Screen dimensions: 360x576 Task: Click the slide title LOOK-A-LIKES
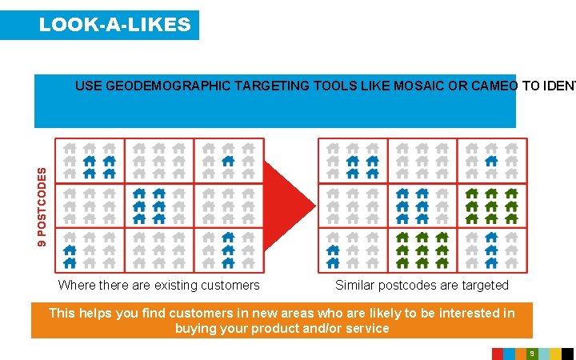pos(114,25)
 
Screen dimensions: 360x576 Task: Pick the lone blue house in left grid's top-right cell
pos(228,161)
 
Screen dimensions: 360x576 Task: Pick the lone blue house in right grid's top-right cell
pos(491,161)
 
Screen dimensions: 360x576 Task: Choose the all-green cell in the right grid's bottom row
pos(422,250)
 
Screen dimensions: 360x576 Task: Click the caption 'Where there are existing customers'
pos(158,285)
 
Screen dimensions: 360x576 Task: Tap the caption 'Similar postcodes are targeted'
pos(422,285)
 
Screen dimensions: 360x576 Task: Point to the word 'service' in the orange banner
pos(367,328)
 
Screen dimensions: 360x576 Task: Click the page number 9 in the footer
pos(531,353)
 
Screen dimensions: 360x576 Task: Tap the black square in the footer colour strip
pos(567,353)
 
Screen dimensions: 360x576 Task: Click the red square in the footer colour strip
pos(497,353)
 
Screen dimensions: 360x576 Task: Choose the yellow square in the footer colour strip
pos(554,353)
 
